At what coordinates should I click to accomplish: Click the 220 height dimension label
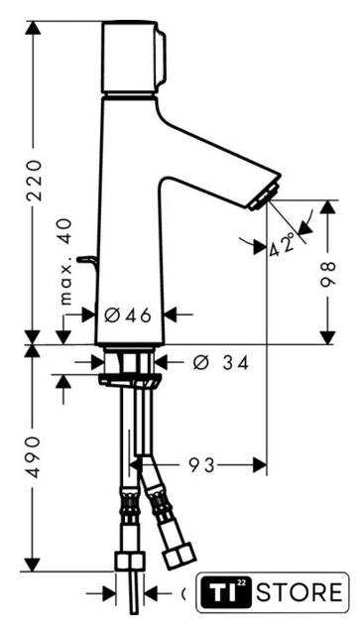34,181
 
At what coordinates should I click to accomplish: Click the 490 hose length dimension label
34,456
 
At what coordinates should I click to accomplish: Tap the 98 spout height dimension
327,274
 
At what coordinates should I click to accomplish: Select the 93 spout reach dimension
201,465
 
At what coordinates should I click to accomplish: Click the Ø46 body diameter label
127,315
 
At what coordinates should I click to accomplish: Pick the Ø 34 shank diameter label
220,363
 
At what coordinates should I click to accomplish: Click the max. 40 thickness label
65,261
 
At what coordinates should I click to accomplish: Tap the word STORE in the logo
300,592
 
